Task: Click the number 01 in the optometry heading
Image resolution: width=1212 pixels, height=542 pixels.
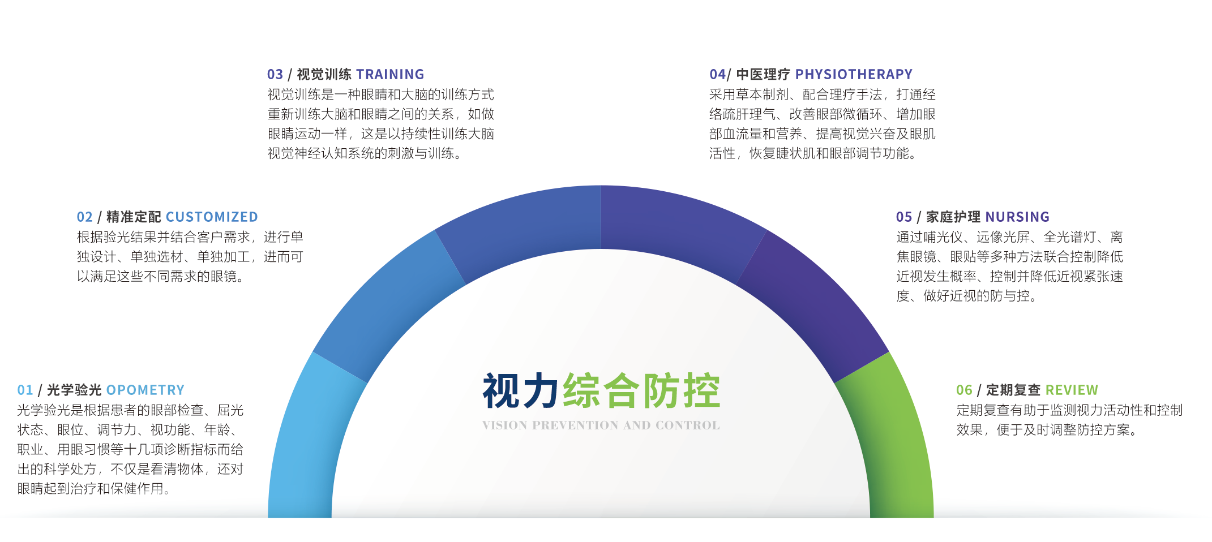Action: click(25, 390)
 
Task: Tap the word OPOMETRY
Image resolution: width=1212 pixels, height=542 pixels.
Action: click(145, 390)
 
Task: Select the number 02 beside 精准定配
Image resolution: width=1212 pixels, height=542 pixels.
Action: click(85, 217)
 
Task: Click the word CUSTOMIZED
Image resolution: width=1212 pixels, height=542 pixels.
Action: click(212, 217)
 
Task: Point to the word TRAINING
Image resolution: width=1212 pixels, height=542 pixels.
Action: click(390, 74)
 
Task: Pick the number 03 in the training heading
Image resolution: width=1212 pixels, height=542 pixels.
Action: click(275, 74)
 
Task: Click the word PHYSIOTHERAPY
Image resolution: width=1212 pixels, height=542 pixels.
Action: click(854, 74)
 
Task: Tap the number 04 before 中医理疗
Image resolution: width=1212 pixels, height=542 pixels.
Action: click(717, 74)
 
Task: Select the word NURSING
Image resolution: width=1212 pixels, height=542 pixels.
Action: click(1017, 217)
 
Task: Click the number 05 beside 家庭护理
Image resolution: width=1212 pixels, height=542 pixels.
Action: click(904, 217)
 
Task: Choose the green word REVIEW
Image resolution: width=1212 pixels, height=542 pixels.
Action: click(1072, 390)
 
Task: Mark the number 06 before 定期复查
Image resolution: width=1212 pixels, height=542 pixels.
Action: click(964, 390)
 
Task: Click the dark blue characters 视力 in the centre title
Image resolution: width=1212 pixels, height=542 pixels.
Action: click(521, 390)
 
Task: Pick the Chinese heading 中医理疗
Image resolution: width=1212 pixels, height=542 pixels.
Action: click(763, 74)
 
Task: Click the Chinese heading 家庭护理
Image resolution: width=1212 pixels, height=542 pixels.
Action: click(953, 217)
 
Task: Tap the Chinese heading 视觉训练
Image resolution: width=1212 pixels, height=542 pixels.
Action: click(324, 74)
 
